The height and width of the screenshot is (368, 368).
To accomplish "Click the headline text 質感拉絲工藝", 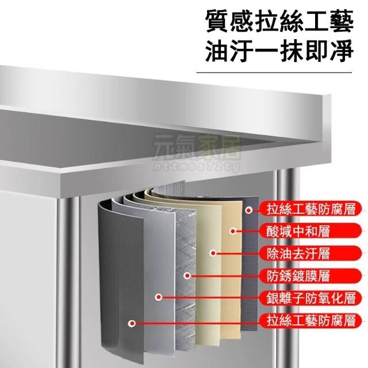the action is coord(279,22).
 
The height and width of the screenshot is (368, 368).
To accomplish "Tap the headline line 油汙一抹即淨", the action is coord(279,51).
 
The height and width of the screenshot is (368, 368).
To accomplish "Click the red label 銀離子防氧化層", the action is coord(310,298).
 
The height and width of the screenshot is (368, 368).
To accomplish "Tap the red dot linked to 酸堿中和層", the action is coord(233,231).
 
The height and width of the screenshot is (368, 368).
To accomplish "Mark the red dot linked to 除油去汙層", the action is coord(213,253).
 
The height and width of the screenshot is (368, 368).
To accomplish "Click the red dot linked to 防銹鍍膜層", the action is coord(187,275).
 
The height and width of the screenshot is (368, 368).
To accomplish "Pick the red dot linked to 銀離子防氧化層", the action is coord(159,297).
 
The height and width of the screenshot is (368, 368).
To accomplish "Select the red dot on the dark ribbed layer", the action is coord(249,210).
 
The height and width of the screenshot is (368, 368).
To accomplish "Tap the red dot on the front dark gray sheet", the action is coord(132,323).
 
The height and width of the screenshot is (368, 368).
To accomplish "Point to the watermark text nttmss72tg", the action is coord(197,166).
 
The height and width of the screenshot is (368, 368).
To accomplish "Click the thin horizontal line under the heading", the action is coord(274,72).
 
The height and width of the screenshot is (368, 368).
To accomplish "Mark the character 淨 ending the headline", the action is coord(342,51).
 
